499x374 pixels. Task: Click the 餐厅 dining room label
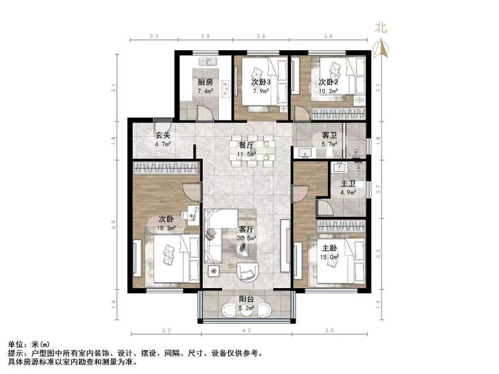point(245,146)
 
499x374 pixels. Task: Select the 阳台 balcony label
point(246,299)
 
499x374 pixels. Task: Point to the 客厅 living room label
point(246,230)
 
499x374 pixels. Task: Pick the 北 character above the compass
point(381,27)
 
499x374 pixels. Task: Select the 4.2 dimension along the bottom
point(246,331)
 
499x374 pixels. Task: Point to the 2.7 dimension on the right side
point(379,188)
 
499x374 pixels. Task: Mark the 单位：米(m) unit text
point(29,345)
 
